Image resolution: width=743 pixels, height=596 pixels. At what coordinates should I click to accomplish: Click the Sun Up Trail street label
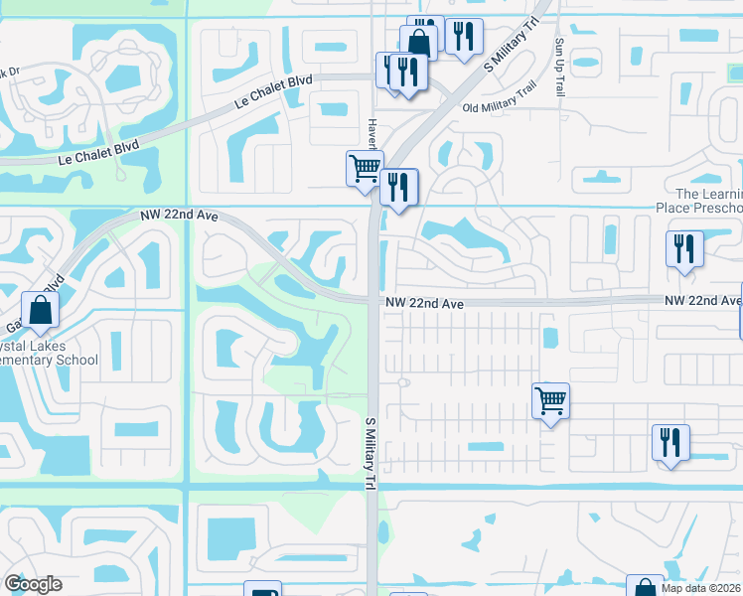[x=559, y=68]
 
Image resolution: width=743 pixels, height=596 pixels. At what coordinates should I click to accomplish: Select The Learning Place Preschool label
[x=708, y=201]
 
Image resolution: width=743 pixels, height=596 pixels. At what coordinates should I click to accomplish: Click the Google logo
[x=33, y=584]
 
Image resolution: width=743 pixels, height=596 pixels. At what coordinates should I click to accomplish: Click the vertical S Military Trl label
[x=371, y=453]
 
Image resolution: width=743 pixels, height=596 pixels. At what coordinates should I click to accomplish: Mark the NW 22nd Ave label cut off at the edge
[x=703, y=300]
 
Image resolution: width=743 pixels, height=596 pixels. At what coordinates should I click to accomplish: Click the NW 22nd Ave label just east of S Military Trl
[x=427, y=303]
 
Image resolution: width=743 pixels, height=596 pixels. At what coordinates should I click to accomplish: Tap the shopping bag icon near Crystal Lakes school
[x=40, y=310]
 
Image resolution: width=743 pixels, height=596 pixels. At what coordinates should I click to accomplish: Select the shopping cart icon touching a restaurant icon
[x=365, y=167]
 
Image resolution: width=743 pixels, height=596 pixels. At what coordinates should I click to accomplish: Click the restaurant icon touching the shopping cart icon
[x=398, y=187]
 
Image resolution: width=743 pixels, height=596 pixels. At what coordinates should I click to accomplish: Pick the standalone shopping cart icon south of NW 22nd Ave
[x=550, y=401]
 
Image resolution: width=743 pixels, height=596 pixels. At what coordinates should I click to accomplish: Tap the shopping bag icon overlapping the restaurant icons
[x=418, y=43]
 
